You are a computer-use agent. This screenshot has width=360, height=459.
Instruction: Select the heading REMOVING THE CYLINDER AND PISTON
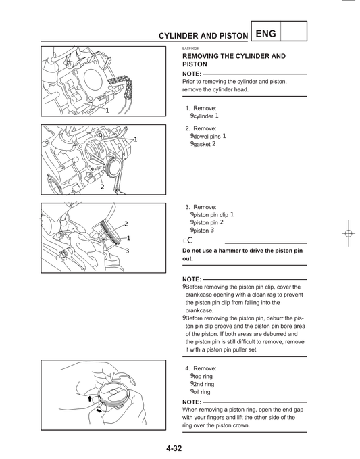coord(234,60)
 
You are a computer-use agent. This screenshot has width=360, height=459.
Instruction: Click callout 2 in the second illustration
coord(102,186)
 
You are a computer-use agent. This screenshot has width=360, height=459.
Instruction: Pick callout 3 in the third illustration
coord(126,251)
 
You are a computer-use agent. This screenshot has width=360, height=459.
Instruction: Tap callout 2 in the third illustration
coord(126,224)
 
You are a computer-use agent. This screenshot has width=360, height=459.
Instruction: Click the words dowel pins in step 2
coord(207,136)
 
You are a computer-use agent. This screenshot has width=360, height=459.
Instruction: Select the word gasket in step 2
coord(202,145)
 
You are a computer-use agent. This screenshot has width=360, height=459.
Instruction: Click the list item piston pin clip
coord(211,215)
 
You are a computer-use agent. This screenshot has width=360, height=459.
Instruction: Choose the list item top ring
coord(203,376)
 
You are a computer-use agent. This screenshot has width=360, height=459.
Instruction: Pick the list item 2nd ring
coord(204,384)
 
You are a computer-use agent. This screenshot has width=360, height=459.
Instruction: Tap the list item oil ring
coord(202,392)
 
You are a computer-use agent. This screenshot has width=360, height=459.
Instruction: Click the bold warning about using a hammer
coord(242,255)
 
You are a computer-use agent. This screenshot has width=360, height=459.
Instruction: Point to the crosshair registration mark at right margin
coord(348,233)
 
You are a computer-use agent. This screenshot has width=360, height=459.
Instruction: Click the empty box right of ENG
coord(292,31)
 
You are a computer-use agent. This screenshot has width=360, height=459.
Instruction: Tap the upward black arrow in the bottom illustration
coord(89,400)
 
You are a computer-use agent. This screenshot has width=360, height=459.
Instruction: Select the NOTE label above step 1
coord(192,74)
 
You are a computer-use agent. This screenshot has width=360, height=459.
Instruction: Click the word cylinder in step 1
coord(203,116)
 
